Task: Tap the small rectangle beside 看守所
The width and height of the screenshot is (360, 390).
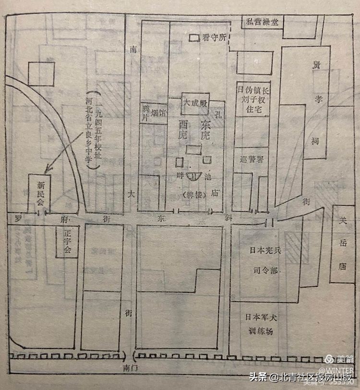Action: (x=195, y=37)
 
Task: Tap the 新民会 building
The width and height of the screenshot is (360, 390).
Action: (x=38, y=192)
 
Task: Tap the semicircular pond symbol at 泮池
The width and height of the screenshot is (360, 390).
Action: (x=195, y=176)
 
